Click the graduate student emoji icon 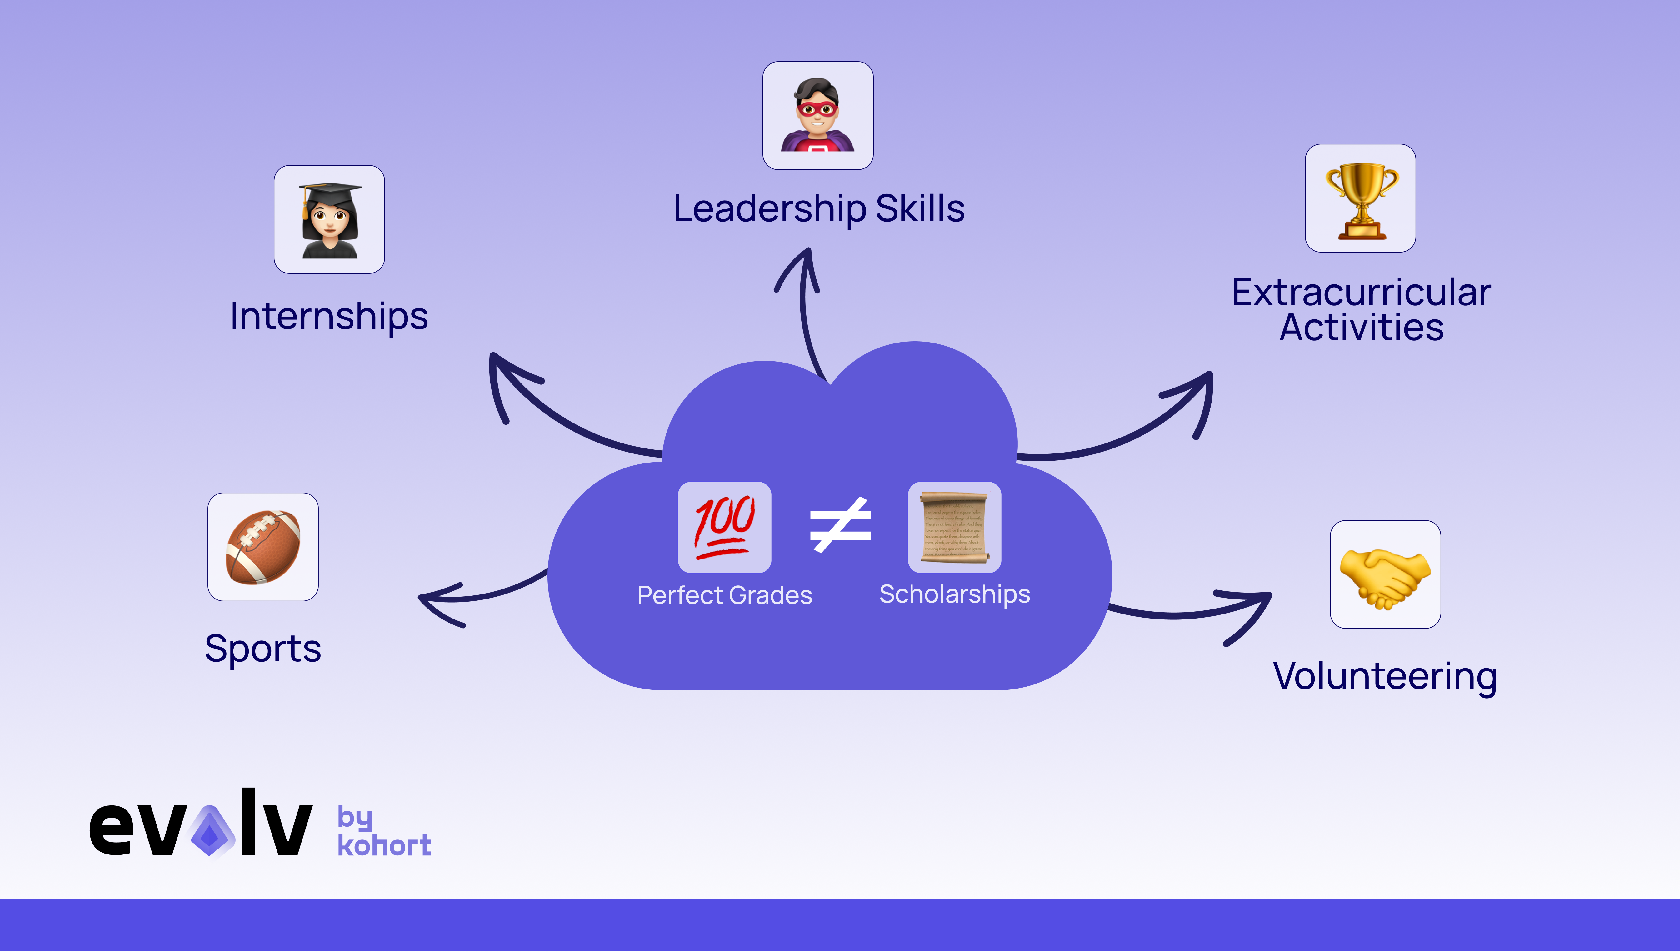pyautogui.click(x=329, y=220)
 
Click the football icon pyautogui.click(x=263, y=547)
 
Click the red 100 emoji pyautogui.click(x=724, y=527)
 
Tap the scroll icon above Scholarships pyautogui.click(x=954, y=527)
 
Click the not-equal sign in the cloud pyautogui.click(x=840, y=525)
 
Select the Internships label pyautogui.click(x=329, y=317)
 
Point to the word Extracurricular pyautogui.click(x=1361, y=292)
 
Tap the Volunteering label pyautogui.click(x=1384, y=676)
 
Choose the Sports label pyautogui.click(x=263, y=649)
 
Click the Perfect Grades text pyautogui.click(x=724, y=595)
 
